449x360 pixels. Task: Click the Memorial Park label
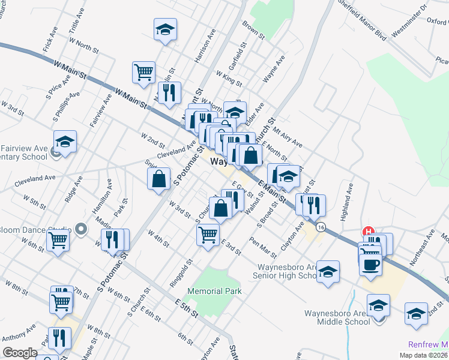214,291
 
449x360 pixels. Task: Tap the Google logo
20,353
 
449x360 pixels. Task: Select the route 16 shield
322,227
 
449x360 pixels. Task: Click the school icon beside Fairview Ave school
65,142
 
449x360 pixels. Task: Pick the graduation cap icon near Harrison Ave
165,29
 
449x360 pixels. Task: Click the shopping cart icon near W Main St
144,73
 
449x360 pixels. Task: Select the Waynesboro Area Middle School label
336,317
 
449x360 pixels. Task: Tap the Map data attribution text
423,355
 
